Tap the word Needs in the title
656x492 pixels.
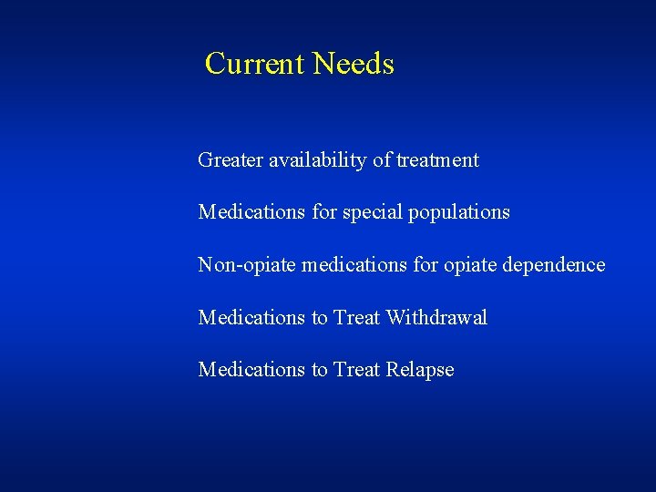(x=354, y=64)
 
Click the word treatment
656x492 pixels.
(x=438, y=160)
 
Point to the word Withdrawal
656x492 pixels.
(x=436, y=317)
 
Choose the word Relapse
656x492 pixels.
(x=420, y=370)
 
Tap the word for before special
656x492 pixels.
(x=323, y=212)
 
